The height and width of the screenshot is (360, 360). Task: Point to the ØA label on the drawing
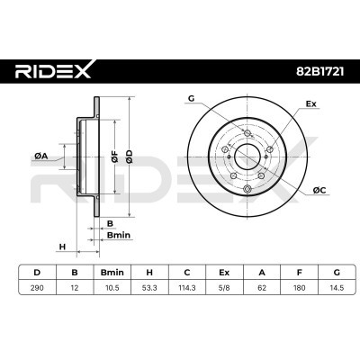[x=40, y=156]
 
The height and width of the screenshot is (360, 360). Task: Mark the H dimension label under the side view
[x=62, y=246]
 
